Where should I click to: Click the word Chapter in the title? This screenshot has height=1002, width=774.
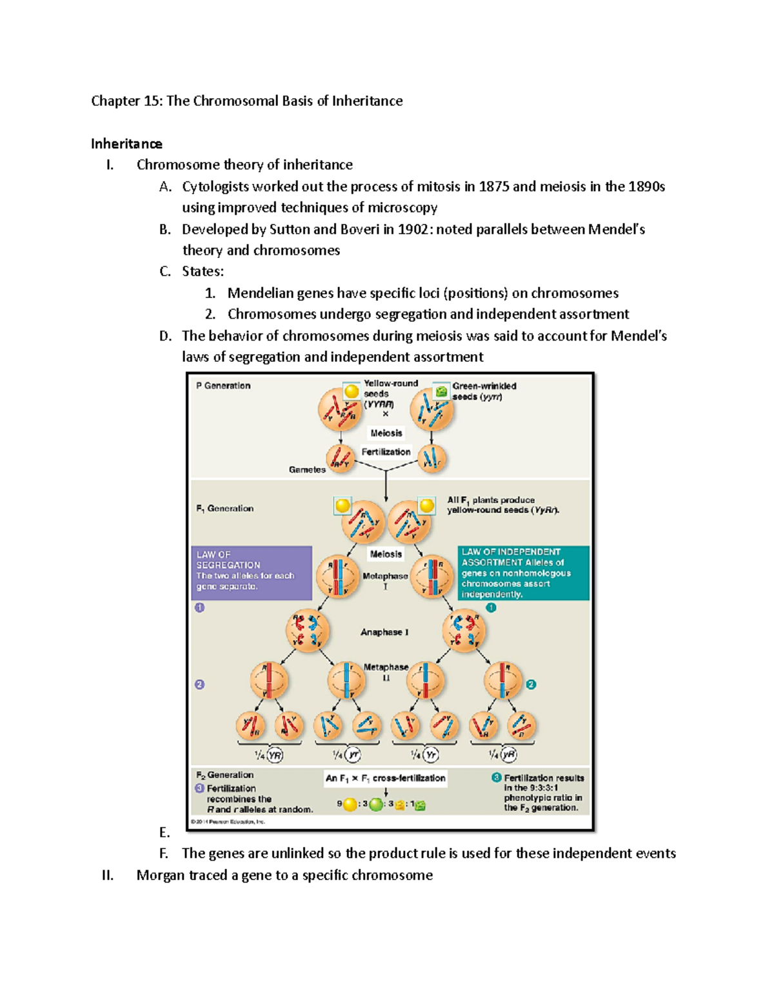click(115, 101)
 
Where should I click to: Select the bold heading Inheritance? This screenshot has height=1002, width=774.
click(126, 143)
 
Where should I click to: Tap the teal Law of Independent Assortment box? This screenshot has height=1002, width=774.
click(523, 572)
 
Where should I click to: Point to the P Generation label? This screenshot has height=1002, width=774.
click(223, 386)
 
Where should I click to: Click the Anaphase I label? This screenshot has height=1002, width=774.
click(384, 632)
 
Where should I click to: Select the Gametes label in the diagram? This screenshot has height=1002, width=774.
click(307, 470)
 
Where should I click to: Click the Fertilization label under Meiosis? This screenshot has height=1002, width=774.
click(386, 452)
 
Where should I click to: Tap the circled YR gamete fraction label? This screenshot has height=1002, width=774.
click(269, 755)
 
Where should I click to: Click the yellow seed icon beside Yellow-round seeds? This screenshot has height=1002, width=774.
click(352, 391)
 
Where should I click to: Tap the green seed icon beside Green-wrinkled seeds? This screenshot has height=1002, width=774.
click(441, 391)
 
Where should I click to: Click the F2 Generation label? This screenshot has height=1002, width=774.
click(225, 775)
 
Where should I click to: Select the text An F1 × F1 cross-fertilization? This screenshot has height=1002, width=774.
click(386, 778)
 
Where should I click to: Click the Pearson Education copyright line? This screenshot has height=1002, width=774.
click(228, 822)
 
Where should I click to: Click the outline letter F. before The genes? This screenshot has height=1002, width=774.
click(164, 853)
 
